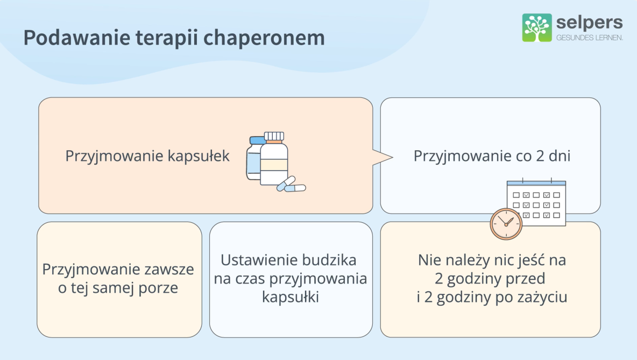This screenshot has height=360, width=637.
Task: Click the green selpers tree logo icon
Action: click(x=536, y=27)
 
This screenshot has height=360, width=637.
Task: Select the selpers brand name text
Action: click(x=589, y=23)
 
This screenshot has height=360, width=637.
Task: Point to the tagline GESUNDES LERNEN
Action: click(x=590, y=38)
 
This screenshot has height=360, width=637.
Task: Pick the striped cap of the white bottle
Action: click(x=274, y=137)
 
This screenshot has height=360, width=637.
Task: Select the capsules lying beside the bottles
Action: click(x=291, y=185)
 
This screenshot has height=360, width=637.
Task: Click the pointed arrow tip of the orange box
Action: click(x=392, y=157)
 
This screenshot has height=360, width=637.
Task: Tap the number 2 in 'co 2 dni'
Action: click(x=540, y=156)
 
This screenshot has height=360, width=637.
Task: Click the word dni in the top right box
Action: click(x=560, y=156)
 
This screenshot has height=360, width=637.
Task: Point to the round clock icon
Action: click(x=506, y=224)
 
